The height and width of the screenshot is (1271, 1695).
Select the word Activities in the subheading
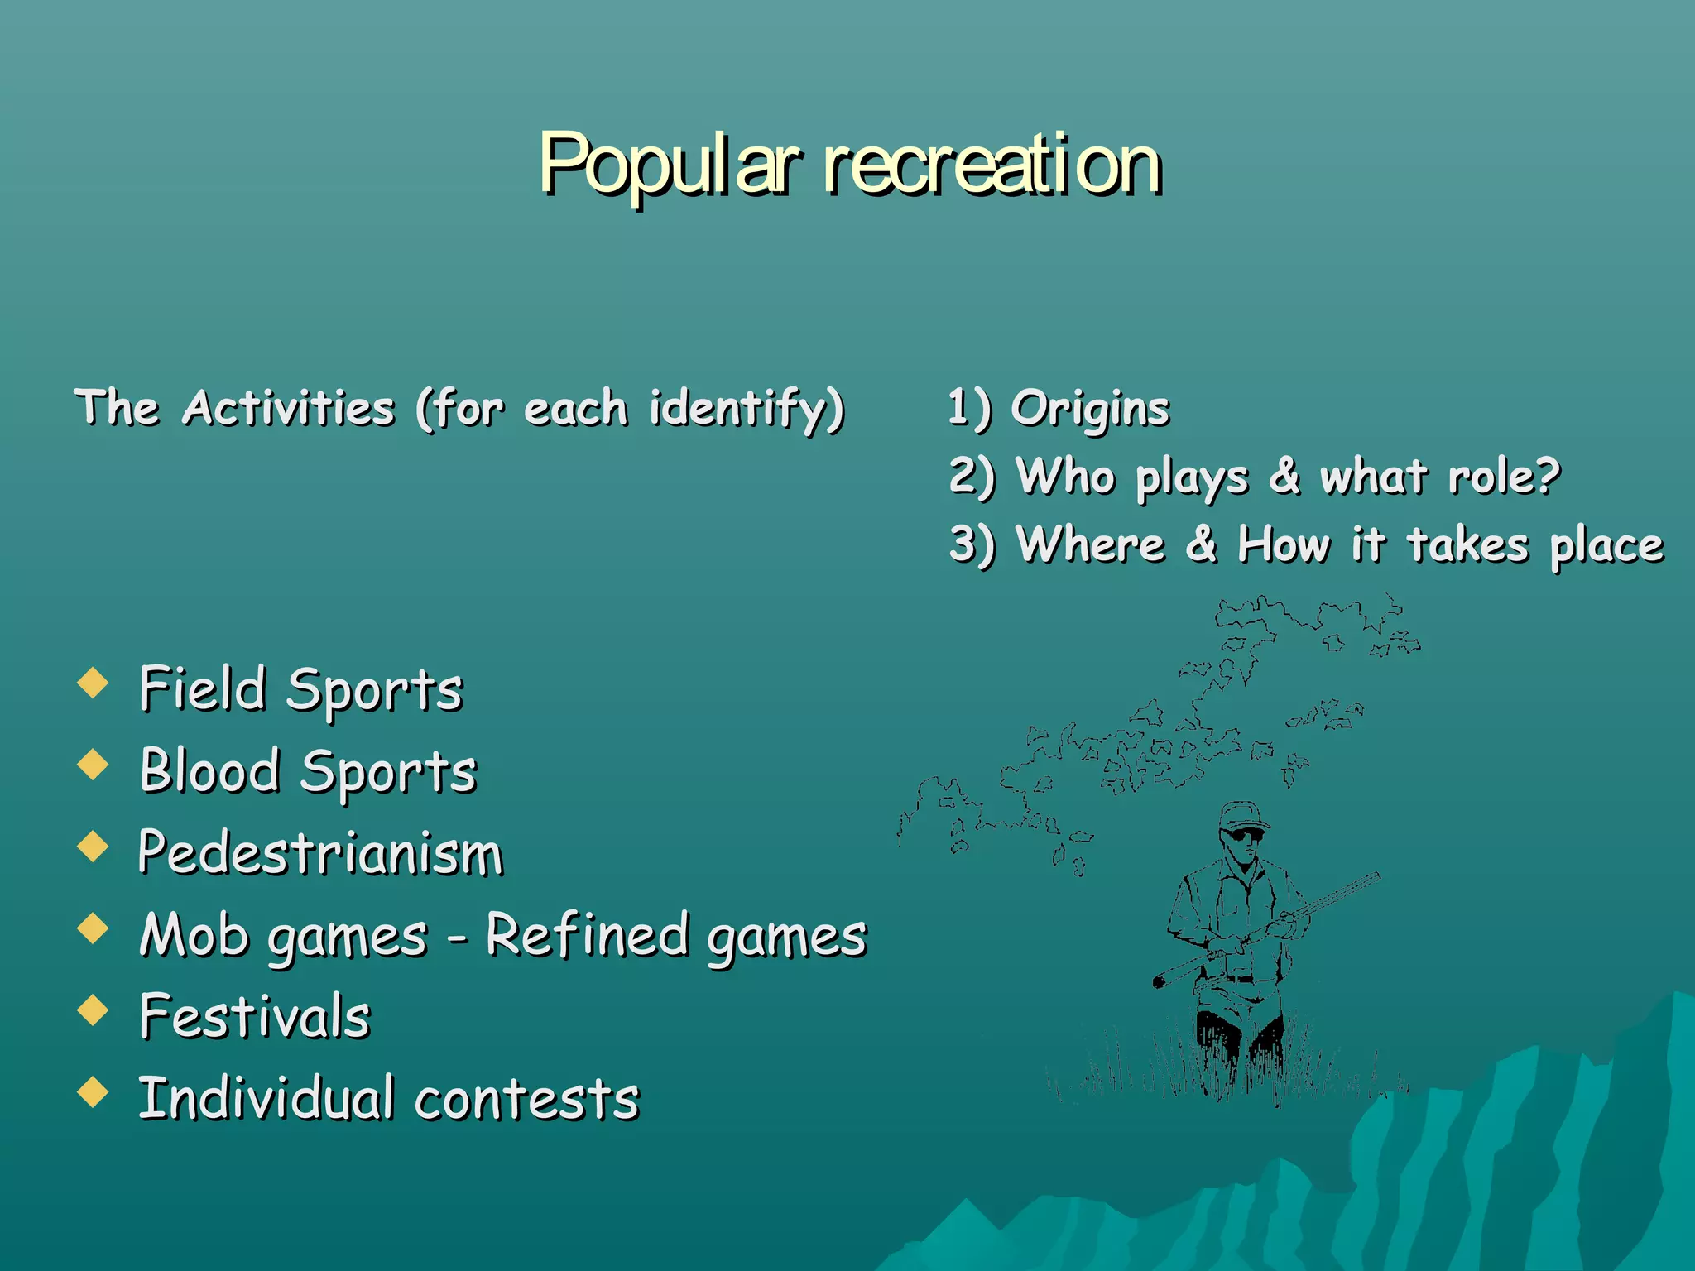(x=289, y=407)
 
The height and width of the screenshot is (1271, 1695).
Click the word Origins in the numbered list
(x=1090, y=409)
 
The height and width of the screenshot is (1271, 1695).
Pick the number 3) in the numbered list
(x=971, y=544)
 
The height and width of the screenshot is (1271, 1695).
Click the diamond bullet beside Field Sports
(x=93, y=683)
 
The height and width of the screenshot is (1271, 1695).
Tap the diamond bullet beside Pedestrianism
(x=93, y=847)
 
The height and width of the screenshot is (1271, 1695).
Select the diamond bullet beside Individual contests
(x=93, y=1092)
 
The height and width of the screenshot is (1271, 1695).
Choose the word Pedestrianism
(x=321, y=853)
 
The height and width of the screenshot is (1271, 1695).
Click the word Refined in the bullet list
(x=587, y=934)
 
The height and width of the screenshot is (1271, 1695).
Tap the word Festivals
(x=255, y=1016)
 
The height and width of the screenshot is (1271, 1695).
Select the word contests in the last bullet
(x=527, y=1099)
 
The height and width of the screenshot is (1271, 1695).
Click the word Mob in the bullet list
(x=194, y=935)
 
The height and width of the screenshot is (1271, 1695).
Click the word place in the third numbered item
(x=1606, y=546)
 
